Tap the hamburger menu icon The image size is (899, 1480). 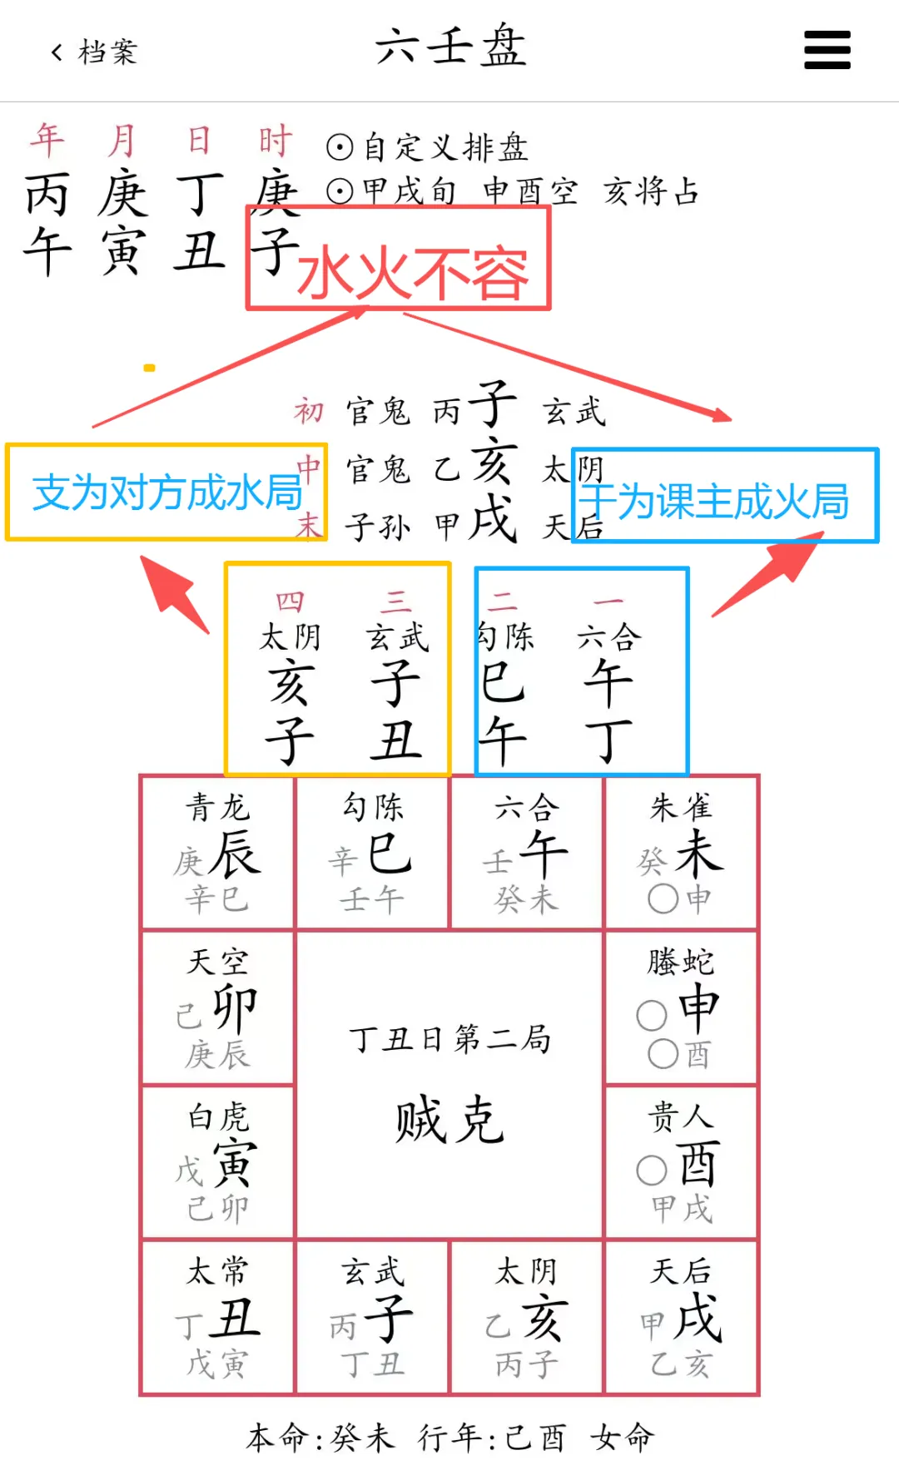point(827,50)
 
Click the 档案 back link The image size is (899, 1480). point(94,52)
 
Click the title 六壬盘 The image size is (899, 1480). point(449,47)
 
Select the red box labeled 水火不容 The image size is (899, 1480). point(399,259)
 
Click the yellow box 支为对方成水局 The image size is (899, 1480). point(166,493)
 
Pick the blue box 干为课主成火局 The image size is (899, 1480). point(724,497)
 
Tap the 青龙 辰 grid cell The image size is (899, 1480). point(218,853)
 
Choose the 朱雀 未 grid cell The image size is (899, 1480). point(681,853)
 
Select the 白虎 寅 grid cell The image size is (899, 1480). point(218,1162)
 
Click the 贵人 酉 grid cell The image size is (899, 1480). point(681,1162)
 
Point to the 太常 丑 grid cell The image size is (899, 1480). point(218,1317)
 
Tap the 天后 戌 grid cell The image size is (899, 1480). point(681,1317)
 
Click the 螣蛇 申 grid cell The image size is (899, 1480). point(681,1007)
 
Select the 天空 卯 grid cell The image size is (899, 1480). point(218,1007)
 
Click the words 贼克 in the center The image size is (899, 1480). point(449,1120)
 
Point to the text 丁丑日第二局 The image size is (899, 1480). point(449,1039)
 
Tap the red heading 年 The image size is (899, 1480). point(47,140)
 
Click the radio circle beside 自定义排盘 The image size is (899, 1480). point(340,147)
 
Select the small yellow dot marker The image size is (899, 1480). point(150,367)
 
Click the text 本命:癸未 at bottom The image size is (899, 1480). point(321,1438)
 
